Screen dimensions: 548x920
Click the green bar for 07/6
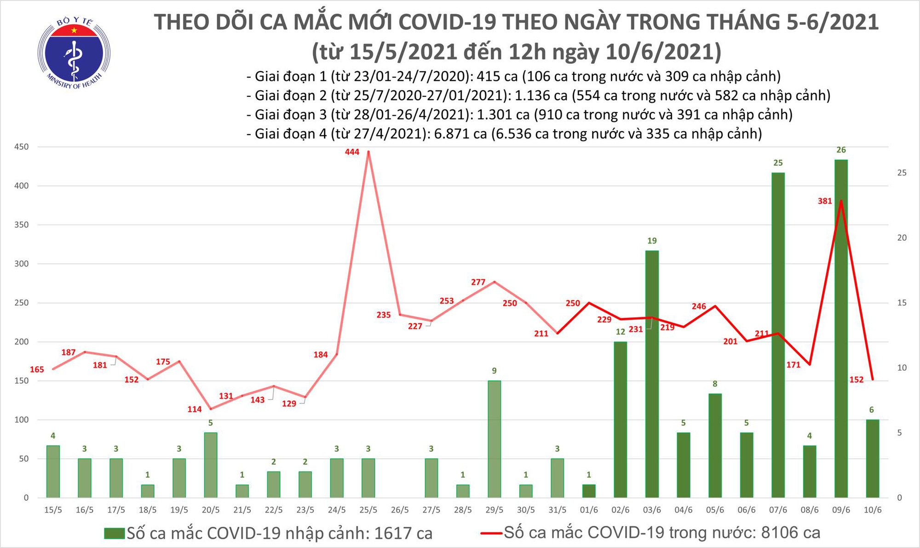[778, 335]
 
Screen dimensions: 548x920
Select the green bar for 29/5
[494, 439]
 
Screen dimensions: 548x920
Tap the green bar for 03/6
[652, 374]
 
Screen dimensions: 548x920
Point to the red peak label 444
[352, 152]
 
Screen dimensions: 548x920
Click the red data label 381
[825, 201]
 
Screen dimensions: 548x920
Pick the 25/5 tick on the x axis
[368, 510]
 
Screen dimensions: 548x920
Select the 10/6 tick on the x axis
[872, 510]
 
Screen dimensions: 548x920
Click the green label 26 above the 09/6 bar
[841, 150]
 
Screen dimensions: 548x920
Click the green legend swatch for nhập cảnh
[115, 533]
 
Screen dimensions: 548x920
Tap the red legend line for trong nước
[491, 533]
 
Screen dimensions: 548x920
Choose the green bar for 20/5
[211, 465]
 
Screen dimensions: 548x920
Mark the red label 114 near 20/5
[195, 409]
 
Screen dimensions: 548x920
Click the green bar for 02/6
[620, 419]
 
